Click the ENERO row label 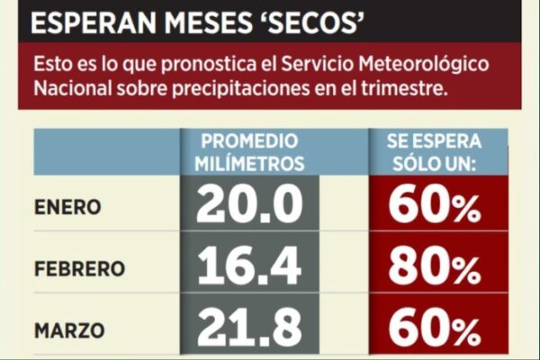pyautogui.click(x=68, y=208)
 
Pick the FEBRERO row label pyautogui.click(x=80, y=269)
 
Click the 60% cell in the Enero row pyautogui.click(x=435, y=207)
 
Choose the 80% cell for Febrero pyautogui.click(x=435, y=268)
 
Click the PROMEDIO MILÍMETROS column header pyautogui.click(x=249, y=152)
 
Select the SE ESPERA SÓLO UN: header pyautogui.click(x=435, y=152)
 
